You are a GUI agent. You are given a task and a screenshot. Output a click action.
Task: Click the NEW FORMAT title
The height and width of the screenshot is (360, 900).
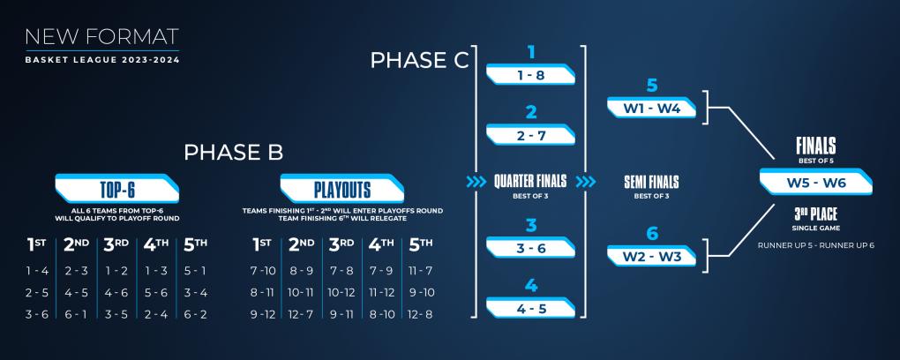(x=101, y=37)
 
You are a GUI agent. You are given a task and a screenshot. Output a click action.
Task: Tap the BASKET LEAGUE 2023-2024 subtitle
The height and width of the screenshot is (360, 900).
(x=102, y=60)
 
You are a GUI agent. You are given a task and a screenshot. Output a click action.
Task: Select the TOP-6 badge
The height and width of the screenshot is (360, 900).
(x=117, y=189)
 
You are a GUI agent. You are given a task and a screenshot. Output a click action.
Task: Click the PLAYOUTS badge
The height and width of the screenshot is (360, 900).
(x=342, y=189)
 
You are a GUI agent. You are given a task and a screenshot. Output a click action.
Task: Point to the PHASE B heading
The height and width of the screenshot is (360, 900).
(x=234, y=153)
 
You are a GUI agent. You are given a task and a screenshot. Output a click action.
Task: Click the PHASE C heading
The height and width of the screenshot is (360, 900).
(x=420, y=60)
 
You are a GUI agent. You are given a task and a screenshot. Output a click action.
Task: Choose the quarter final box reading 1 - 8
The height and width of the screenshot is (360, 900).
(x=530, y=75)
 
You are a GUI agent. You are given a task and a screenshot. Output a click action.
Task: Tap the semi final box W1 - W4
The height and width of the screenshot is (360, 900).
(x=651, y=108)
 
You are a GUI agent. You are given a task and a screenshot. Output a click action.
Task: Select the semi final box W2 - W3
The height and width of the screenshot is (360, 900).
(x=651, y=256)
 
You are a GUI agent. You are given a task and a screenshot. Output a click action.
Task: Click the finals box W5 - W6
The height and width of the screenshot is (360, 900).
(x=816, y=182)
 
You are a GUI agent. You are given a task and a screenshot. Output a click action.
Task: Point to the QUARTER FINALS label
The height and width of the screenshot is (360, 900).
(x=530, y=182)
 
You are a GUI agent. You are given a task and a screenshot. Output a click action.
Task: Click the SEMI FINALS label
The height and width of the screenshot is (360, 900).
(x=651, y=183)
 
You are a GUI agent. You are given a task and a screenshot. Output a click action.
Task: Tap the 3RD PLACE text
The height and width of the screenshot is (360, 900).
(x=815, y=214)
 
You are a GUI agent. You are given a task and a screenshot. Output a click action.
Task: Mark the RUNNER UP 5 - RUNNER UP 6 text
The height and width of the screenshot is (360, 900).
(x=815, y=245)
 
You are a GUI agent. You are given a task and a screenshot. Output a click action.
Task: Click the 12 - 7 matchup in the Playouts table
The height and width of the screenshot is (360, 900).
(x=301, y=314)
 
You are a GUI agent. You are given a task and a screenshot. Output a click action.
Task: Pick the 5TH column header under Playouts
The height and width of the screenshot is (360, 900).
(x=421, y=245)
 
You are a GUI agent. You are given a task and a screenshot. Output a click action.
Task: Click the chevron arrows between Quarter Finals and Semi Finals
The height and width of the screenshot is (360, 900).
(x=586, y=182)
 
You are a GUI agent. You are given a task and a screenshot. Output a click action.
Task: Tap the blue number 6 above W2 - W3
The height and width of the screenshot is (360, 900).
(x=652, y=234)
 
